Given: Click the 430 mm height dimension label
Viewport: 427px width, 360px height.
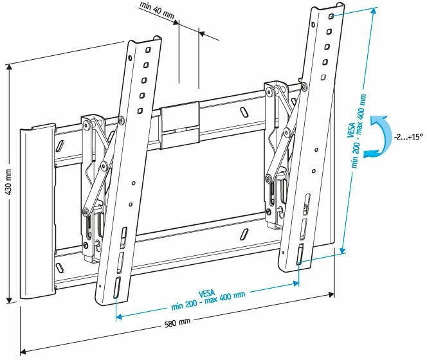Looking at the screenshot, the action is point(9,182).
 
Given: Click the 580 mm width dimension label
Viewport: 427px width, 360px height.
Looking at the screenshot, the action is point(177,323).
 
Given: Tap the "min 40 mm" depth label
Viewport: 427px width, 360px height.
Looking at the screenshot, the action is point(157,11).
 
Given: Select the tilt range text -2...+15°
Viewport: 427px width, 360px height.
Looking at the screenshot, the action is point(408,136).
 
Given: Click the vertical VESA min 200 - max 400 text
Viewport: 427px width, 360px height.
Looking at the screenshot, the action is point(358,130).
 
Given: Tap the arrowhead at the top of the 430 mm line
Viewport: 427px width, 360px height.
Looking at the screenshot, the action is point(10,67).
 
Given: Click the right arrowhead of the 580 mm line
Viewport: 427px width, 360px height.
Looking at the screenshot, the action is point(331,294).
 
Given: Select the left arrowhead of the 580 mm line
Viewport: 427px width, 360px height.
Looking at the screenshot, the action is point(24,352).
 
